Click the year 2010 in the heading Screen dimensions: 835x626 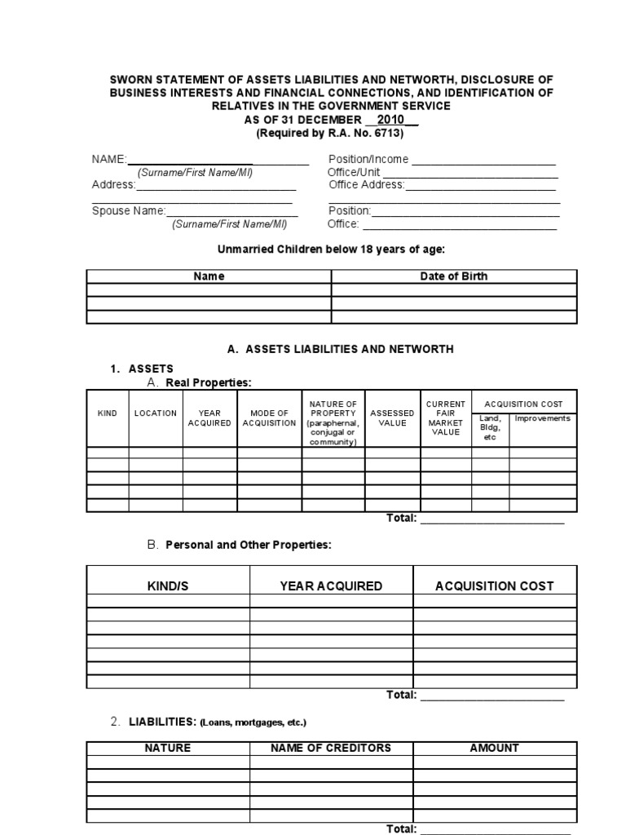390,119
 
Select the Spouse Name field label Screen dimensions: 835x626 129,210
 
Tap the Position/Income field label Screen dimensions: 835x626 368,159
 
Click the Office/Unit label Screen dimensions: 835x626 354,172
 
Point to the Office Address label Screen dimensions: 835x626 366,185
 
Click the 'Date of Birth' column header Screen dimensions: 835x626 453,276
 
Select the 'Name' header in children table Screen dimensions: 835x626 209,276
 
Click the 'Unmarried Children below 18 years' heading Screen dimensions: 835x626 331,250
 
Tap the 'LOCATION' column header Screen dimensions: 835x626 155,413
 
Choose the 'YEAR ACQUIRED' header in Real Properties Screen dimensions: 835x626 209,418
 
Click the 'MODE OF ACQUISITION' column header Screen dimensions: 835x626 269,418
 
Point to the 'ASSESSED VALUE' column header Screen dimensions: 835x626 392,418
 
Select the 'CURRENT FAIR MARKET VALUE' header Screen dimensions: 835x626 446,418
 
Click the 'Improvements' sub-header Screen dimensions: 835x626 542,418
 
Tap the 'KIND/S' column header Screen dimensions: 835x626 167,585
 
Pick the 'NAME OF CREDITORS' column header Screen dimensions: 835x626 331,748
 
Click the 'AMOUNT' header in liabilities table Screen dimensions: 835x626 494,748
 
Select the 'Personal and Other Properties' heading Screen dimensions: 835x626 249,545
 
